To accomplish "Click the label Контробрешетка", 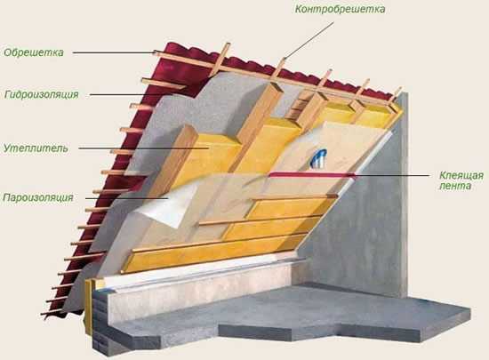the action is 340,10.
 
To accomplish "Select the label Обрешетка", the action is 34,52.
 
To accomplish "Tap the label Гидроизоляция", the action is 42,94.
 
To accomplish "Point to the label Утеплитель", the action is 36,148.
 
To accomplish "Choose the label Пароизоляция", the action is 38,197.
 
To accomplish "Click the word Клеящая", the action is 461,175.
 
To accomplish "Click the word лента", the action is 455,186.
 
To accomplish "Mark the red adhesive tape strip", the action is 312,174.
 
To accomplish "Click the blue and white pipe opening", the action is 318,157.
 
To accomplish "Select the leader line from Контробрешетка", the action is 309,40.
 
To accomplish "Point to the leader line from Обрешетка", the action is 114,52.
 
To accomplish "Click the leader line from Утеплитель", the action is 143,148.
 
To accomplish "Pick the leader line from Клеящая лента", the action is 392,175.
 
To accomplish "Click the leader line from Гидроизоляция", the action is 131,94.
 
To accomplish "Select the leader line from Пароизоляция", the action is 126,198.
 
